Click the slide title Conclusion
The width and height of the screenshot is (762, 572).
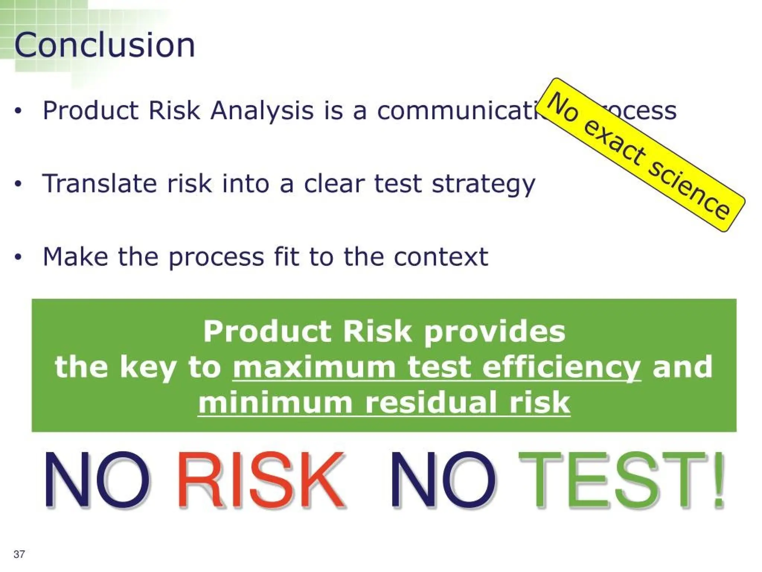pyautogui.click(x=105, y=45)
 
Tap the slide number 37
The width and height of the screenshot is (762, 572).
pyautogui.click(x=19, y=554)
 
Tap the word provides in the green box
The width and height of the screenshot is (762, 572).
pyautogui.click(x=494, y=332)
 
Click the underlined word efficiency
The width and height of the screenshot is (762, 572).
pyautogui.click(x=561, y=368)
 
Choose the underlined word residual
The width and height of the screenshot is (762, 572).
pyautogui.click(x=431, y=403)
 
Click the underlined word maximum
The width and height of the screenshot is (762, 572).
pyautogui.click(x=314, y=367)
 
